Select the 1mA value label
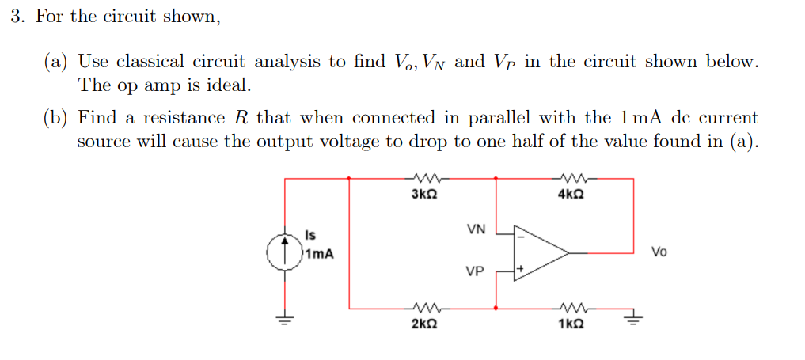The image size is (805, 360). [x=320, y=254]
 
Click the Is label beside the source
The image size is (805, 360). [x=310, y=235]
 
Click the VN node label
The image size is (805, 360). [x=476, y=230]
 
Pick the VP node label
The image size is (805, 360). [x=475, y=272]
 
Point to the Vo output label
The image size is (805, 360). [x=659, y=252]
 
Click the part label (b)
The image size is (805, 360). [x=56, y=119]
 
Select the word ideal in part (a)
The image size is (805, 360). [x=228, y=84]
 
